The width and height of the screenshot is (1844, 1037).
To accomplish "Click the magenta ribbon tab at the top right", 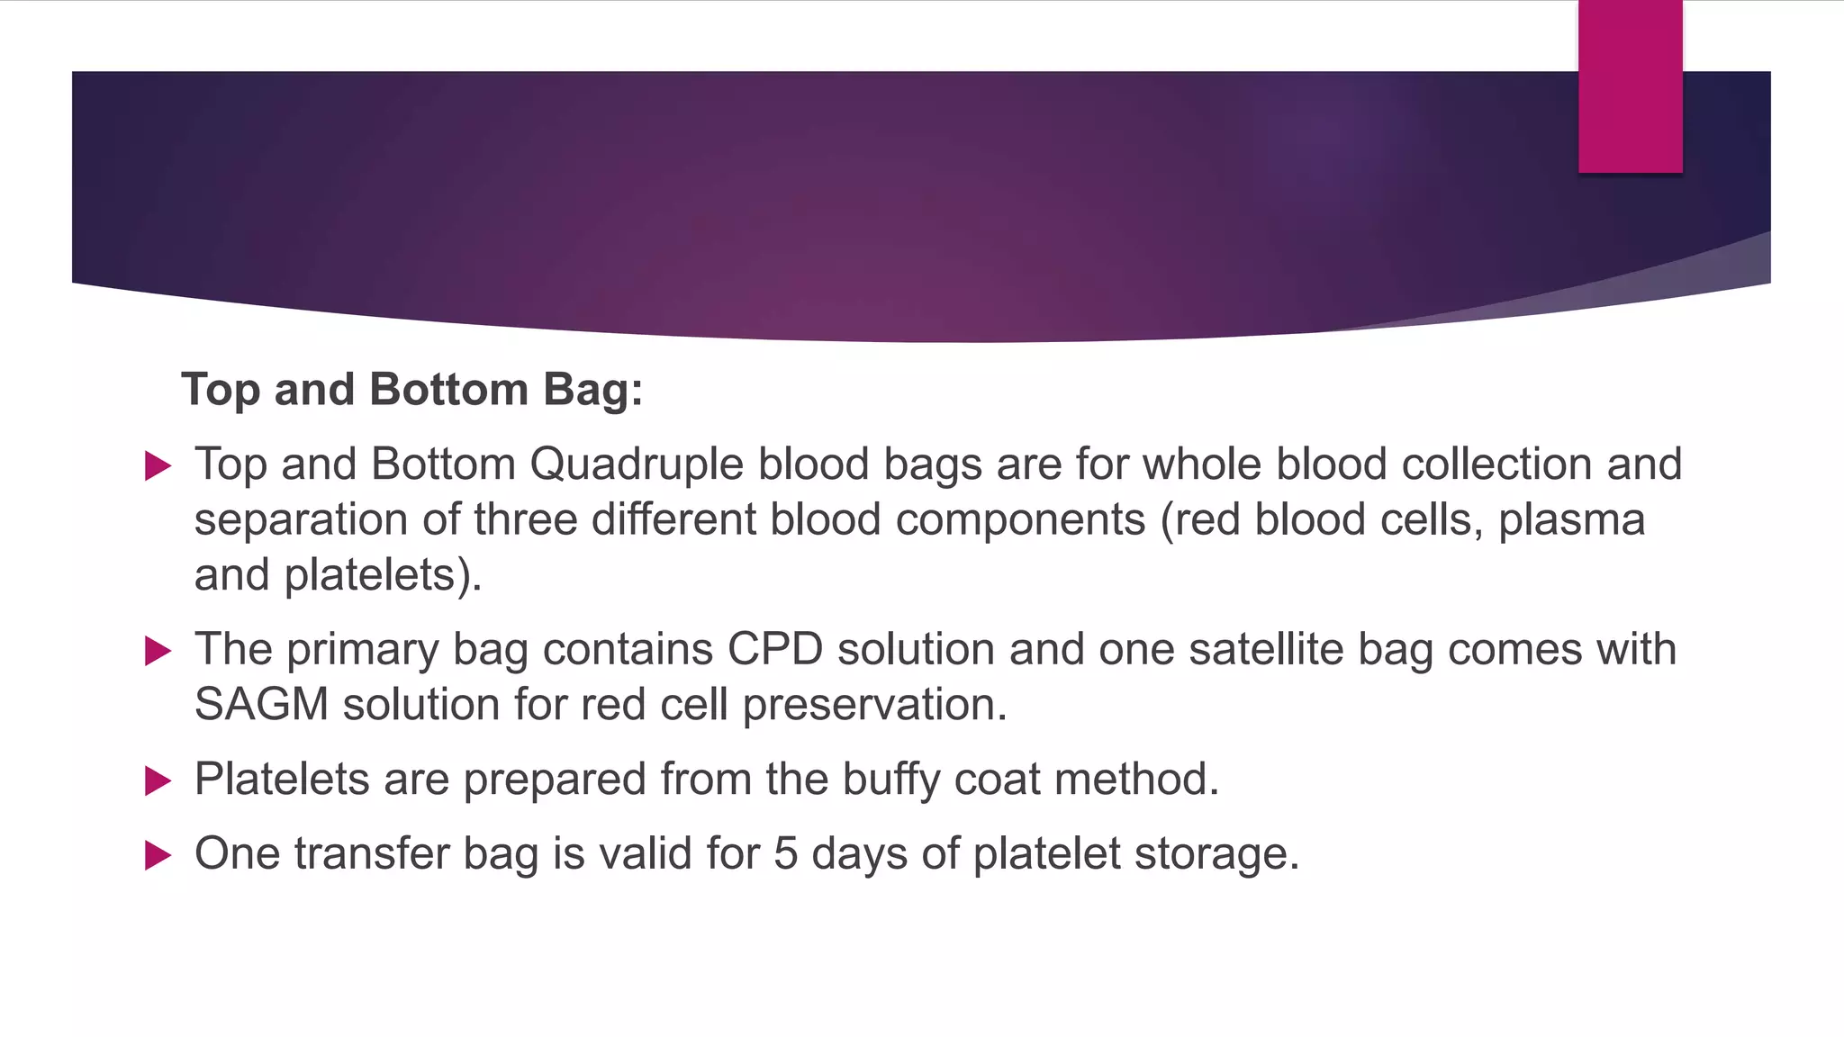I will [x=1630, y=86].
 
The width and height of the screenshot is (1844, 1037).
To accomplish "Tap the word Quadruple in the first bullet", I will [x=643, y=464].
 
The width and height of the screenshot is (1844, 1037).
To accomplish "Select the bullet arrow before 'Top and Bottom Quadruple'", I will [x=158, y=465].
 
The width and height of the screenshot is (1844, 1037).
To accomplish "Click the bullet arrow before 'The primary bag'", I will [x=158, y=651].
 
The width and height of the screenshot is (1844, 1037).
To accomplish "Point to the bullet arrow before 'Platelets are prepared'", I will [x=158, y=780].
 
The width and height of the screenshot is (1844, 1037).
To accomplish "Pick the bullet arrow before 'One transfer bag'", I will [x=158, y=855].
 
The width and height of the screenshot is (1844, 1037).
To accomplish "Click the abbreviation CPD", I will [x=775, y=649].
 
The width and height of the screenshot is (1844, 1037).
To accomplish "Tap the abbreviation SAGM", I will [x=261, y=704].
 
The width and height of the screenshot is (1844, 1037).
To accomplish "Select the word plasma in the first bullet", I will [x=1571, y=520].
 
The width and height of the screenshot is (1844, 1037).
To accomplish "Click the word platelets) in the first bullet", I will [x=383, y=576].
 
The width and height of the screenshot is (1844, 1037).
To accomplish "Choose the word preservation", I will [x=874, y=704].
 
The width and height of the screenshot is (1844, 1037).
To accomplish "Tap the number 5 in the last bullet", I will [x=785, y=853].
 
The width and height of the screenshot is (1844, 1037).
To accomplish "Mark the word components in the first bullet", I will [x=1020, y=520].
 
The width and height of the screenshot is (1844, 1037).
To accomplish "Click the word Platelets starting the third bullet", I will [x=282, y=779].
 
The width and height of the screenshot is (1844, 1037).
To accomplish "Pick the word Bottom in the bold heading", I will [x=448, y=390].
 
